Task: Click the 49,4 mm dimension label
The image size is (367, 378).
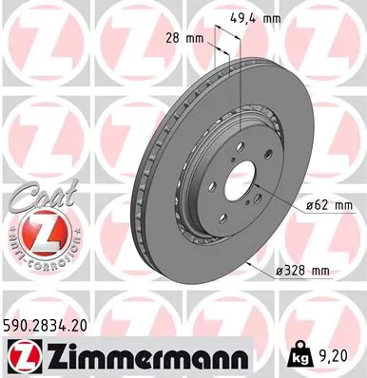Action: click(x=256, y=17)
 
